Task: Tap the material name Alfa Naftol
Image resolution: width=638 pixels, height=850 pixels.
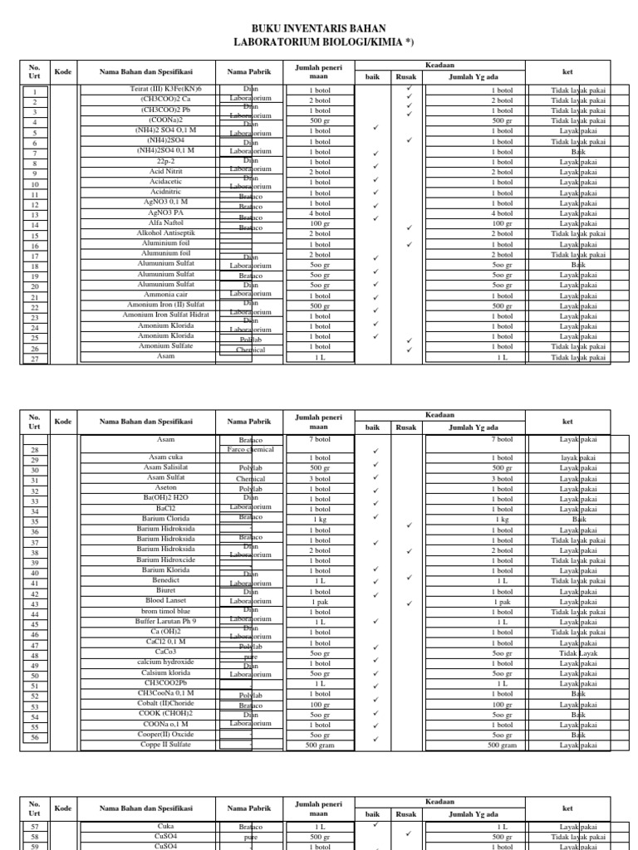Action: [x=165, y=223]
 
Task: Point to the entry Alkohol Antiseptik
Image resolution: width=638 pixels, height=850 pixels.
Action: [x=165, y=233]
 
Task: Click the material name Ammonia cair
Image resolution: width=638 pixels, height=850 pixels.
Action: [x=165, y=295]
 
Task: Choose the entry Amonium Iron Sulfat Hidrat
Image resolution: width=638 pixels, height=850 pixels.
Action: [x=165, y=315]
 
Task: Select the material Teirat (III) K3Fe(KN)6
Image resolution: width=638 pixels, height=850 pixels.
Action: [x=165, y=89]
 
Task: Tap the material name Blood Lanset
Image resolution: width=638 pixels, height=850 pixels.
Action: [x=165, y=600]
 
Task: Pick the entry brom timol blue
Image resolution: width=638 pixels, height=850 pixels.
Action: [x=165, y=611]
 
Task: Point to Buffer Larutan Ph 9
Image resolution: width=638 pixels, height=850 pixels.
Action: [x=165, y=621]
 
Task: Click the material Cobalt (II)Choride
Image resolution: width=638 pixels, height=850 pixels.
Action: [x=165, y=703]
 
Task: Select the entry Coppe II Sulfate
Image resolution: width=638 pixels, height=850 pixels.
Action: [x=165, y=745]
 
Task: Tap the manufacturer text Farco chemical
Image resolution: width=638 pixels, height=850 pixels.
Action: [x=250, y=449]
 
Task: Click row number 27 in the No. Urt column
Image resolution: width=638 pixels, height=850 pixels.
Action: [x=35, y=359]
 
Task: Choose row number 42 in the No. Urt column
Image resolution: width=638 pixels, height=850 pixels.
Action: [x=35, y=594]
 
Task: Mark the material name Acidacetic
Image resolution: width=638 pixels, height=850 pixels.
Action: [x=165, y=181]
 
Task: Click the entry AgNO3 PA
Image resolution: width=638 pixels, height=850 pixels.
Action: [x=165, y=212]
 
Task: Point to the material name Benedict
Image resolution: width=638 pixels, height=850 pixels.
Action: [x=165, y=580]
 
